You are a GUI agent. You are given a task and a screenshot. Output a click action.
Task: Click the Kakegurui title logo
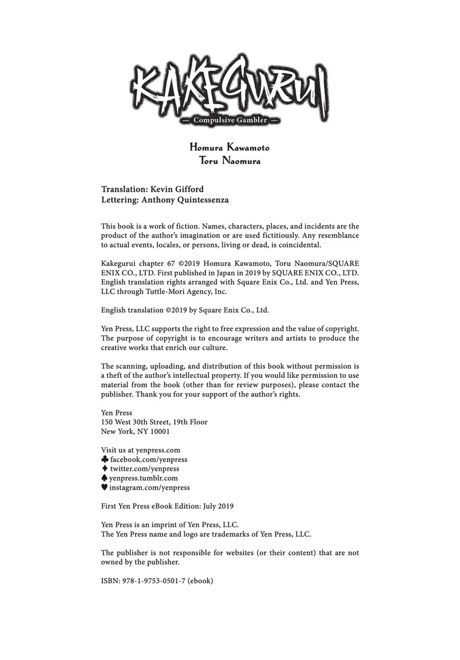point(229,87)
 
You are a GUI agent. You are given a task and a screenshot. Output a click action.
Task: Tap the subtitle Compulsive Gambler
point(230,120)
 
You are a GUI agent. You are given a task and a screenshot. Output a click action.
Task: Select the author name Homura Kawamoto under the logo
point(230,148)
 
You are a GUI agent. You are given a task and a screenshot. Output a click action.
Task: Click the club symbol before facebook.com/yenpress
point(104,459)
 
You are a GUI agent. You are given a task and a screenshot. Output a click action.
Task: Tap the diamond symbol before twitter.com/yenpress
point(104,468)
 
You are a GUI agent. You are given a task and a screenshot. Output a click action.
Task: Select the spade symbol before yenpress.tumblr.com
point(104,478)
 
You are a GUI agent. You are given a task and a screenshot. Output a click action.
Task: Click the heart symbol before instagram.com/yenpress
point(104,487)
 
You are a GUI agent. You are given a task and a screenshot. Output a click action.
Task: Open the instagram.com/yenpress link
point(149,487)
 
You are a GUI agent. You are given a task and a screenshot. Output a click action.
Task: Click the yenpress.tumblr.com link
point(143,478)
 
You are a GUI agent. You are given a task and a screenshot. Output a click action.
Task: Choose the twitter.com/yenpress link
point(145,468)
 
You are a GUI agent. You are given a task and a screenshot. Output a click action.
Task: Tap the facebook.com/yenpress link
point(149,459)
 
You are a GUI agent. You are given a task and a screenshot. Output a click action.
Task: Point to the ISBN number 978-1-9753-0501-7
point(153,581)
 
